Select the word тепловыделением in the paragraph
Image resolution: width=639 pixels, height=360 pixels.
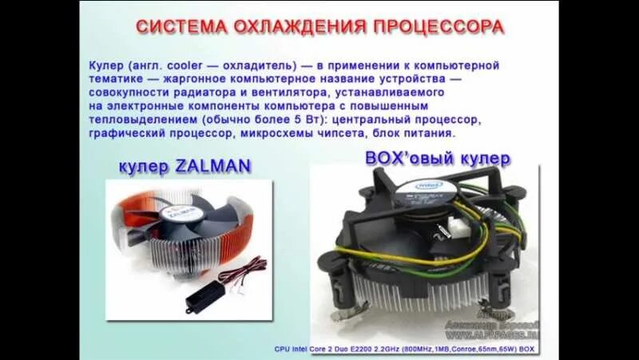[145, 120]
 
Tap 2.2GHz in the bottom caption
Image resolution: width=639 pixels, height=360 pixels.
[423, 349]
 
